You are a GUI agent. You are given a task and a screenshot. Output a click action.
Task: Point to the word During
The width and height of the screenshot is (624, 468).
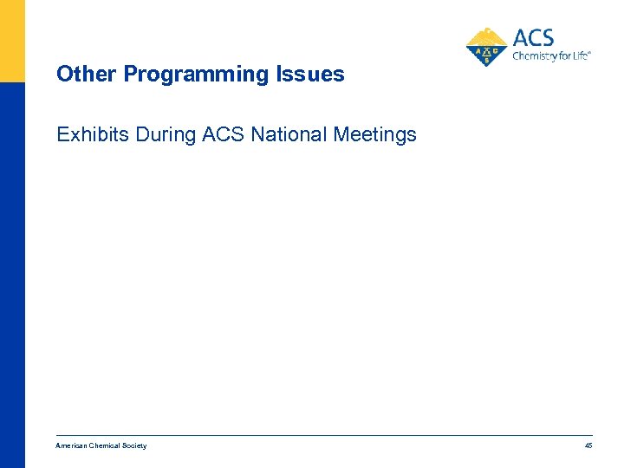pyautogui.click(x=166, y=135)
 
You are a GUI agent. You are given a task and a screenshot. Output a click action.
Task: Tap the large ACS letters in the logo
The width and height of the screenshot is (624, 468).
pyautogui.click(x=533, y=38)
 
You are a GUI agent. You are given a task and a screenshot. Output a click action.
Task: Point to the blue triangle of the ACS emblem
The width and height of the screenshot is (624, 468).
pyautogui.click(x=487, y=54)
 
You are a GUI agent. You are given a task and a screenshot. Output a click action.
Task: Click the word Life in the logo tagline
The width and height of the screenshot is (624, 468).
pyautogui.click(x=580, y=55)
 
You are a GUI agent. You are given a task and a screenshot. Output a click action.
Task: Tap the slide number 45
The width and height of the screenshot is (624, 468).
pyautogui.click(x=588, y=445)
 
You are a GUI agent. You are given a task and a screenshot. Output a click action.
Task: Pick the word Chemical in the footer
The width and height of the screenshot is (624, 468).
pyautogui.click(x=106, y=445)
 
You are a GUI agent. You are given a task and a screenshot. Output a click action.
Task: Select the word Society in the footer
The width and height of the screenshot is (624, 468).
pyautogui.click(x=134, y=445)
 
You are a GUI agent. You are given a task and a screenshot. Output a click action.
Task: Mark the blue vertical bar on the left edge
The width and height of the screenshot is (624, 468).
pyautogui.click(x=12, y=277)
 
